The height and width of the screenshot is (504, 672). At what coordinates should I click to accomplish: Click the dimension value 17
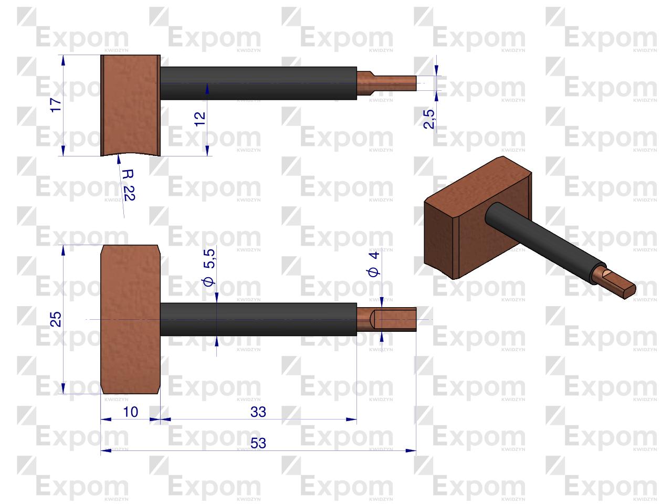(56, 105)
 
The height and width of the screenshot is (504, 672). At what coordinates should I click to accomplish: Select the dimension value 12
(199, 119)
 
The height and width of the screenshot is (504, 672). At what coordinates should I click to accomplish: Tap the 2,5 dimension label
(429, 119)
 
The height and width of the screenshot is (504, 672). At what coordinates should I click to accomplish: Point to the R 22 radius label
(129, 185)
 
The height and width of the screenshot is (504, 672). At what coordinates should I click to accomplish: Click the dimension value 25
(56, 319)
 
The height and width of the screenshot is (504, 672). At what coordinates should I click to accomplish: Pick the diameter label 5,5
(209, 267)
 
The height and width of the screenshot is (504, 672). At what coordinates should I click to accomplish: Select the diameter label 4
(373, 264)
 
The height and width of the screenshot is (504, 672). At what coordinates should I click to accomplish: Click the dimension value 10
(130, 412)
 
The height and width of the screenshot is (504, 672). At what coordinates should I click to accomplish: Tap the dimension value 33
(258, 412)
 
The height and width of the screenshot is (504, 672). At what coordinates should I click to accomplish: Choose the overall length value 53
(258, 443)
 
